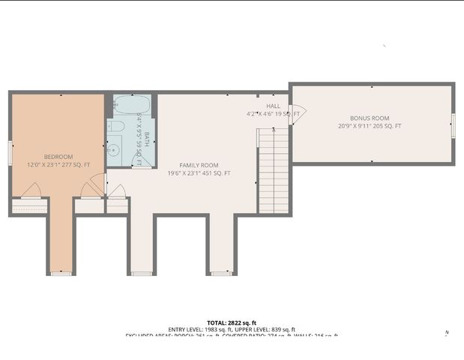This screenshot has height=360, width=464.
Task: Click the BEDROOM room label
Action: [x=58, y=157]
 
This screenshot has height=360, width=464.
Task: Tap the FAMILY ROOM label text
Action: [x=199, y=165]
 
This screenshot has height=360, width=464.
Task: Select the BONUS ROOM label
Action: [x=370, y=118]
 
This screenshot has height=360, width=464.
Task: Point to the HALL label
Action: [x=273, y=106]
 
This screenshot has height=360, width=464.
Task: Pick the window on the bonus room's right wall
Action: [x=453, y=125]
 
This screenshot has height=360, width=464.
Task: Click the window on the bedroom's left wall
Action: [x=10, y=153]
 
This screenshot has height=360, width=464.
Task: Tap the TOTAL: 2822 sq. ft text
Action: [x=232, y=321]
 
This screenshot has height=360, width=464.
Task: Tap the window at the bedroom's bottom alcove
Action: [x=61, y=274]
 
